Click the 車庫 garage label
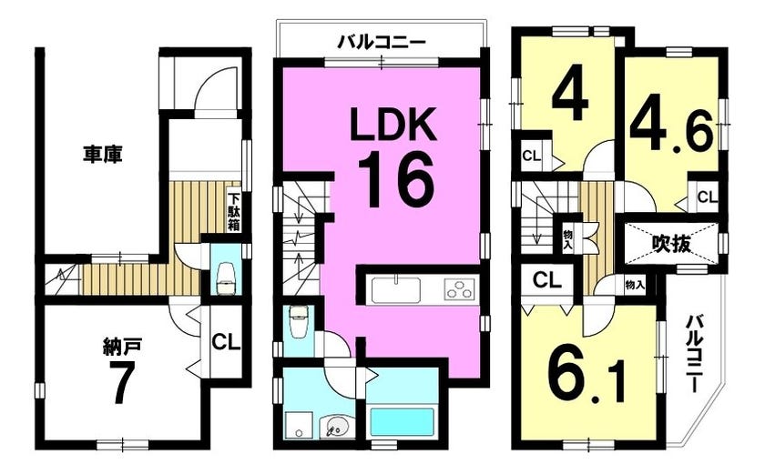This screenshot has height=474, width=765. pyautogui.click(x=102, y=155)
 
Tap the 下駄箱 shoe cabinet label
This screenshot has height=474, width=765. pyautogui.click(x=234, y=212)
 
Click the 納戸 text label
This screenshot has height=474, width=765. pyautogui.click(x=122, y=347)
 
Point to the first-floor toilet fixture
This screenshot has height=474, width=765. pyautogui.click(x=226, y=279)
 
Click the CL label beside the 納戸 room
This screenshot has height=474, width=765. pyautogui.click(x=226, y=342)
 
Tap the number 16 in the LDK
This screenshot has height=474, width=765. pyautogui.click(x=395, y=179)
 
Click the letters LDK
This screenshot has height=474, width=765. pyautogui.click(x=393, y=126)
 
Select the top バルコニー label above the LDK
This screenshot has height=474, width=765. pyautogui.click(x=382, y=43)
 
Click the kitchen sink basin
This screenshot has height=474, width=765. pyautogui.click(x=396, y=290)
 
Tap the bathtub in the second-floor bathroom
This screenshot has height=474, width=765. pyautogui.click(x=402, y=422)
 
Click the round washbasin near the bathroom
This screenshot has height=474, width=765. pyautogui.click(x=335, y=427)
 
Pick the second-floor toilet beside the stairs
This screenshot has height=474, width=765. pyautogui.click(x=298, y=322)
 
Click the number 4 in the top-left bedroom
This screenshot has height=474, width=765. pyautogui.click(x=570, y=97)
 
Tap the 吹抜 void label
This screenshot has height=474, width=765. pyautogui.click(x=672, y=243)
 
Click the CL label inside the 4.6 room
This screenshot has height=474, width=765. pyautogui.click(x=707, y=197)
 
